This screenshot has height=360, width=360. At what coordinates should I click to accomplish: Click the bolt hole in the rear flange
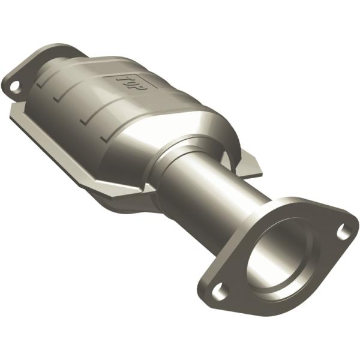(13, 86)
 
